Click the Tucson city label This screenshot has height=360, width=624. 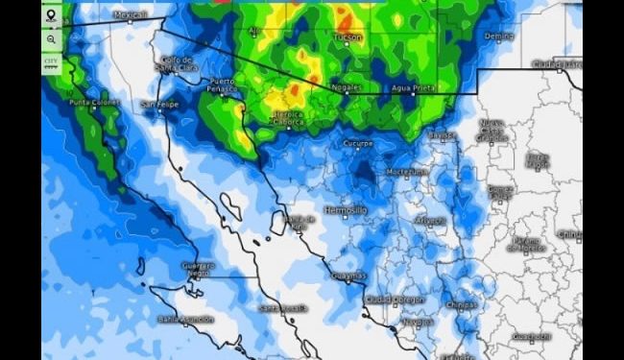point(348,36)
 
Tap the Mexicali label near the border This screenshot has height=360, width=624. point(131,15)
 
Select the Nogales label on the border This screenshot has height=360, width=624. point(345,86)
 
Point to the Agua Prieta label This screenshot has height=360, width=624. point(412,86)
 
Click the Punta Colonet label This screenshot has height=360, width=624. point(92,102)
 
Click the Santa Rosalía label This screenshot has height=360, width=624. point(282,307)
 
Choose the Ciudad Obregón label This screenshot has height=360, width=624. point(394,299)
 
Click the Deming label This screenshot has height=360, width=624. point(499,36)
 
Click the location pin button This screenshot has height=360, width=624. point(51,16)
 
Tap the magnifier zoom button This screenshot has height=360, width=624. point(51,39)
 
